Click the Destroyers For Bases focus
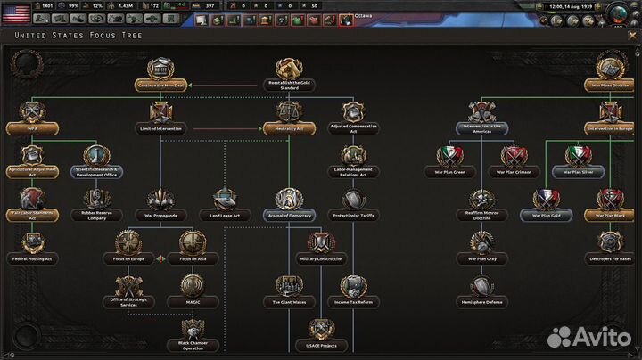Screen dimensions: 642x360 tap(610, 244)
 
